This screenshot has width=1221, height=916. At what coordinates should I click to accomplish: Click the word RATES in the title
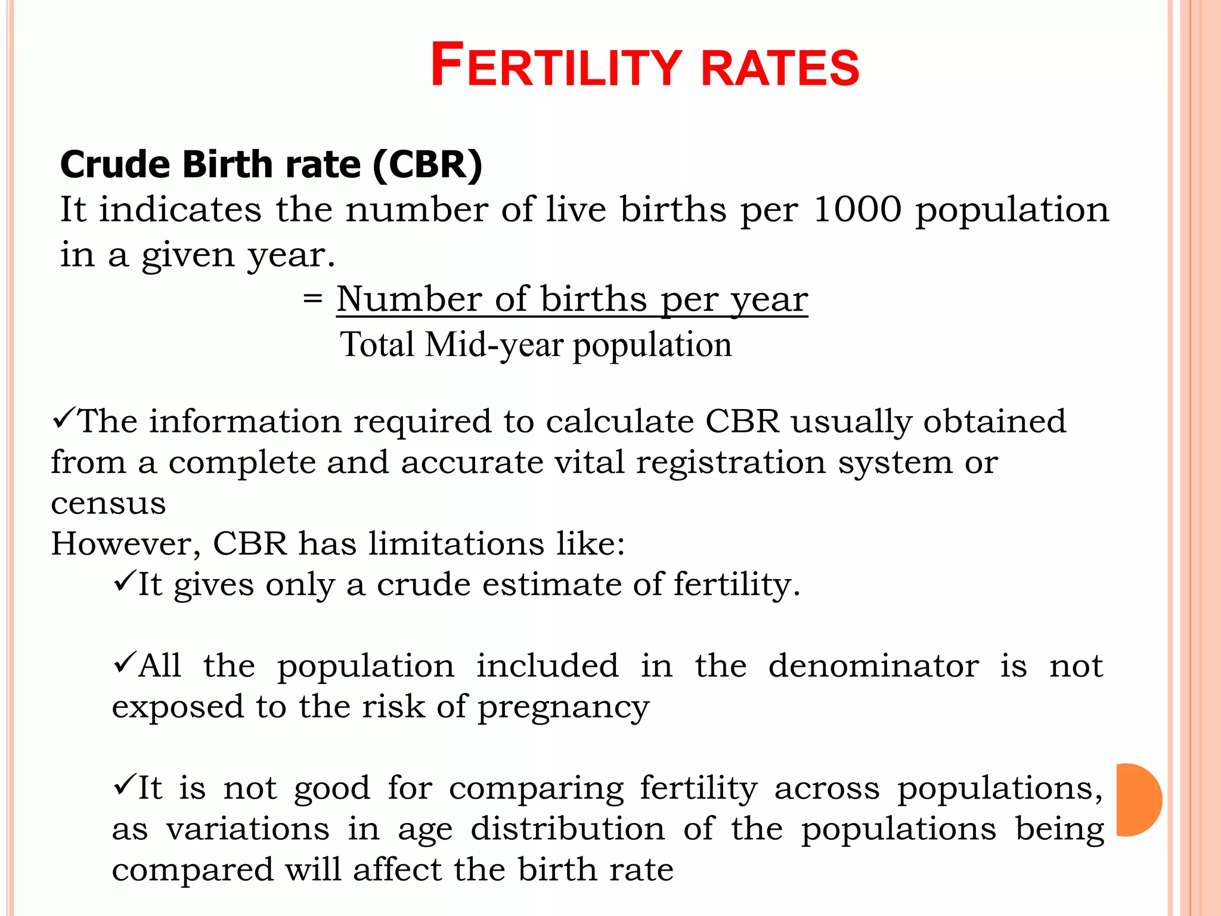pos(780,68)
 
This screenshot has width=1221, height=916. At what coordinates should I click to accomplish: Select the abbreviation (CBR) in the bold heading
pos(427,165)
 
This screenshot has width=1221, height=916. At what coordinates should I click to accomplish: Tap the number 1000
pos(857,210)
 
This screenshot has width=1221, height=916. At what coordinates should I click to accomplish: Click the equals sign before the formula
pos(312,298)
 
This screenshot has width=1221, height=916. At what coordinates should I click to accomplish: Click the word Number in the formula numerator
pos(408,299)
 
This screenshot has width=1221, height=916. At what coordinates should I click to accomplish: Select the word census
pos(108,503)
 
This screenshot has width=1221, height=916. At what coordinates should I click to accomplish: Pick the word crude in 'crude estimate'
pos(423,584)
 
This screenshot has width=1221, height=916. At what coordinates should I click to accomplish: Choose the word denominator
pos(873,666)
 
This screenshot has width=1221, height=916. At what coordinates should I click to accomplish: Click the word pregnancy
pos(563,708)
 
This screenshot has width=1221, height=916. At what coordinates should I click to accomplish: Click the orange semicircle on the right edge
pos(1138,799)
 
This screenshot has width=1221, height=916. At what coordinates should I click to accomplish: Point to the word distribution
pos(568,829)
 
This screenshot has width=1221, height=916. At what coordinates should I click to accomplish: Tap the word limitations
pos(456,544)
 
